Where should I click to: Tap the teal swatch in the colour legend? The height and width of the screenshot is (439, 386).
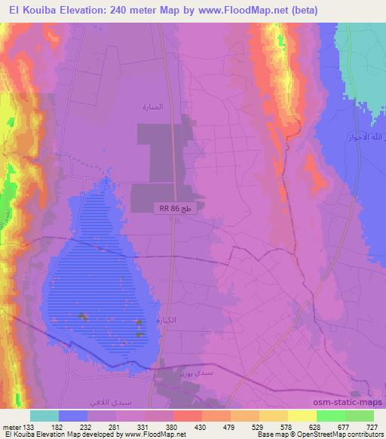44,415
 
